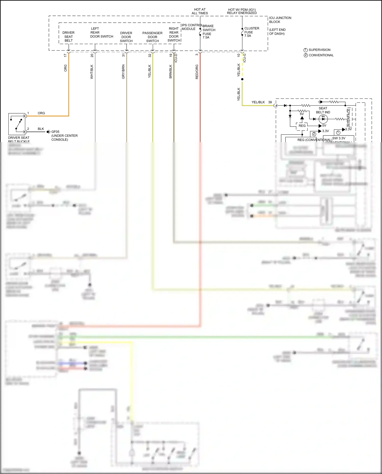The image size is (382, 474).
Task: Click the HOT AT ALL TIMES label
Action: coord(200,11)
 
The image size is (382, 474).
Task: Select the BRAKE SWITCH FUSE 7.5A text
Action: coord(209,32)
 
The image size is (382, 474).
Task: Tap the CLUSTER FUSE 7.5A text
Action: coord(251,32)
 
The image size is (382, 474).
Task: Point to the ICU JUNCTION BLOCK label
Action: coord(280,20)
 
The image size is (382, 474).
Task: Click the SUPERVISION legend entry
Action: coord(319,50)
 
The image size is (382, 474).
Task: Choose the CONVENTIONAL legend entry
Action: coord(321,55)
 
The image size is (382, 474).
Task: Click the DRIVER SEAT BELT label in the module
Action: coord(69,37)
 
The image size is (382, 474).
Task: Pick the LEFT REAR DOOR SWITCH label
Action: coord(101,33)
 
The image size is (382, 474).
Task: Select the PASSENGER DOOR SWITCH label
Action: coord(152,37)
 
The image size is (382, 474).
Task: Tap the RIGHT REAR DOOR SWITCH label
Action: coord(174,34)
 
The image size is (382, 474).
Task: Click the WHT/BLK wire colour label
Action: coord(92,72)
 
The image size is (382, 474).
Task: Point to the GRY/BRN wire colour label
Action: coord(123,72)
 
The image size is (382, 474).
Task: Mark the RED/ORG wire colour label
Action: coord(197,72)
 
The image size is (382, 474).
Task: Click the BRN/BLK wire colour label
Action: coord(171,72)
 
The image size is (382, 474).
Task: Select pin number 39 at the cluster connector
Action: coord(270,102)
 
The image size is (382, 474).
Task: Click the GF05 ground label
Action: coord(55,132)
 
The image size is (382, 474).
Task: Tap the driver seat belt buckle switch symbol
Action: coord(17,124)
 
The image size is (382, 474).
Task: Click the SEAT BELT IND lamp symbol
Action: coord(323,119)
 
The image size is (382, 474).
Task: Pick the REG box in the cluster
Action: coord(302,126)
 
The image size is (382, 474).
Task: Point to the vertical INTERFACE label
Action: coord(349,117)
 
